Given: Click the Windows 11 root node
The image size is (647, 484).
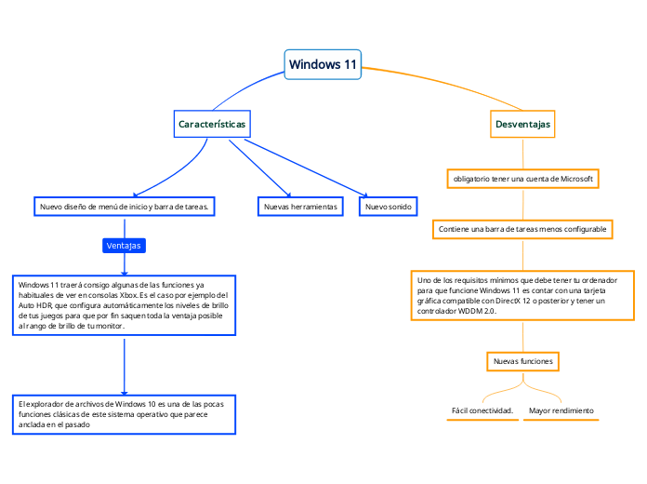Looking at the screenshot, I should point(323,64).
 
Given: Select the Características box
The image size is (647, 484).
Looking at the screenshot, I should point(212,123).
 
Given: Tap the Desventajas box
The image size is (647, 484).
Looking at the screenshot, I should point(522,123).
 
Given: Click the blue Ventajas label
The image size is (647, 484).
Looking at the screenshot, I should point(124,246).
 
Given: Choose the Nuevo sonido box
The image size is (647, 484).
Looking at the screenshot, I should point(389,206).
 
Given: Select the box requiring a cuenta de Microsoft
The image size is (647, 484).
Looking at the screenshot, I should point(522,178).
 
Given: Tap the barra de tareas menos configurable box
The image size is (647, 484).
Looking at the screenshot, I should point(522,228).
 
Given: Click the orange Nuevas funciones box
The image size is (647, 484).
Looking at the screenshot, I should point(522,360).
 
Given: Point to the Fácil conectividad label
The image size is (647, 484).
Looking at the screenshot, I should point(482,410).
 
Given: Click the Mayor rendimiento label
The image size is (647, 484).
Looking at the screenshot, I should point(561,410).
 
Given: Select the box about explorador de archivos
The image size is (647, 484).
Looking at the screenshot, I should point(124,414).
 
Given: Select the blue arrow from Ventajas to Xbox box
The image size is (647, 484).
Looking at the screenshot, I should point(124,264).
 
